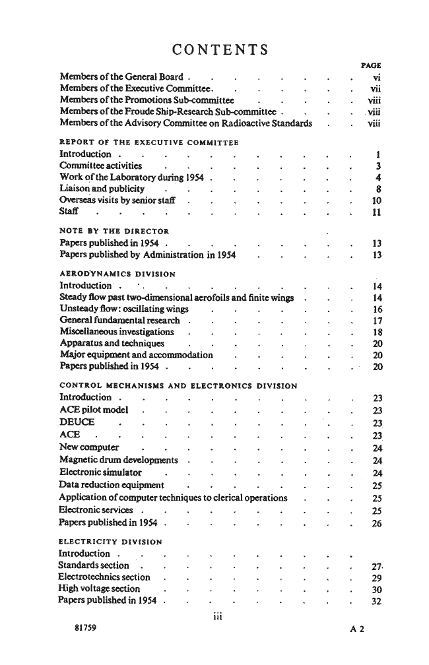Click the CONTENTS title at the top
pos(220,49)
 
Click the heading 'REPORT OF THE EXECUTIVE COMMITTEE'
pos(148,142)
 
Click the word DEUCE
pos(77,422)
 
